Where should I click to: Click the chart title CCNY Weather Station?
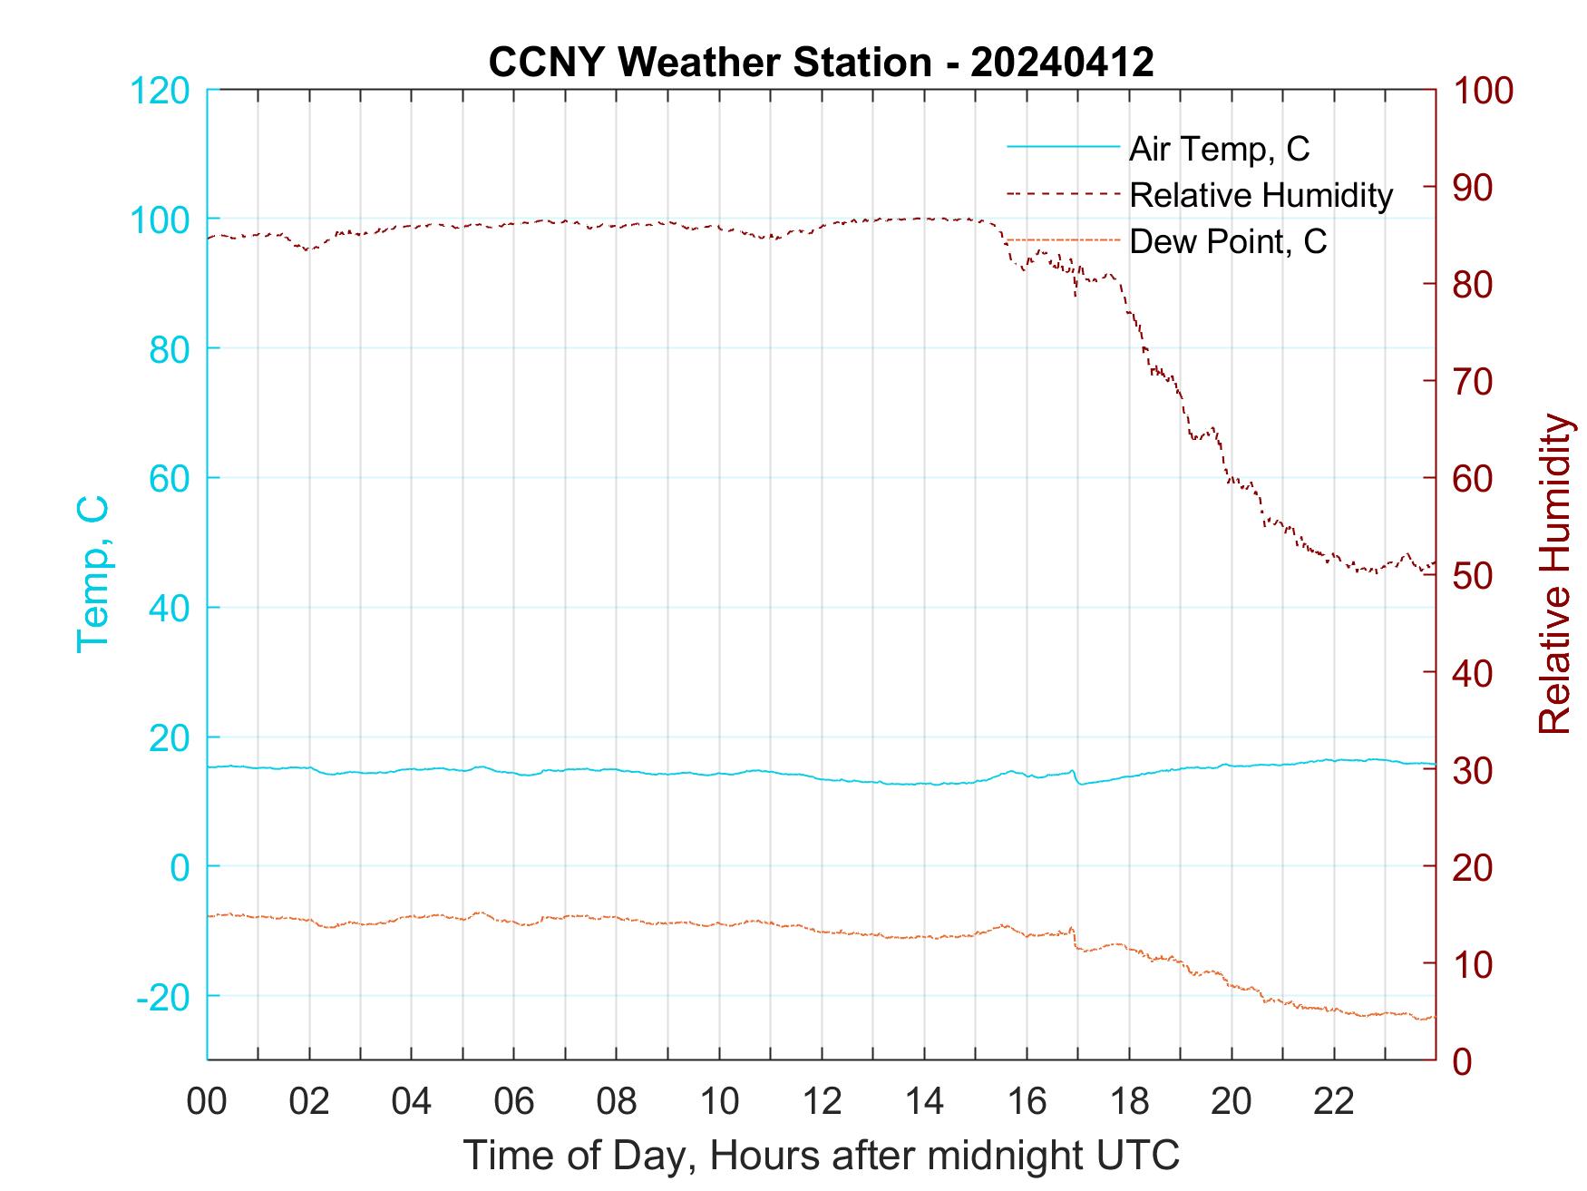tap(821, 63)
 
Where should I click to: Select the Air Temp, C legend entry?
tap(1218, 149)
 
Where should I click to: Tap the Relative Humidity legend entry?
tap(1260, 195)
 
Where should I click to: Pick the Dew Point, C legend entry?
tap(1227, 241)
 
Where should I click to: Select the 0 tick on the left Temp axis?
tap(180, 867)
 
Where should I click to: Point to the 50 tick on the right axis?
tap(1474, 576)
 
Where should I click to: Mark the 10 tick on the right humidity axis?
tap(1474, 964)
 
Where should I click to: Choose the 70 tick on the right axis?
tap(1474, 382)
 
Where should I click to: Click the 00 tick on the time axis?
tap(207, 1102)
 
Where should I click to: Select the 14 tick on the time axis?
tap(924, 1102)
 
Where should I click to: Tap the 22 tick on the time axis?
tap(1334, 1102)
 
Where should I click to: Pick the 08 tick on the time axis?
tap(617, 1102)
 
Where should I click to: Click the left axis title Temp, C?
tap(92, 574)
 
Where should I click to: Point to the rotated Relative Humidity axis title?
tap(1554, 574)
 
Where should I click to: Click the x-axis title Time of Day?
tap(821, 1156)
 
